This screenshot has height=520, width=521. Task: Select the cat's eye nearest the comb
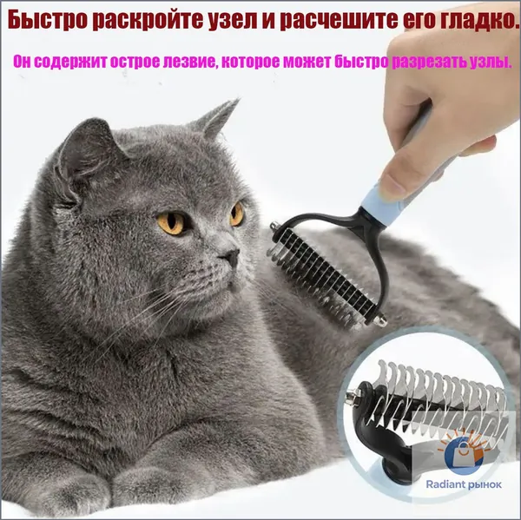[x=236, y=214]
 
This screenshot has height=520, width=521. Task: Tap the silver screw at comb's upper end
[x=274, y=227]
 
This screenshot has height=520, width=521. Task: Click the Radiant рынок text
[x=464, y=484]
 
